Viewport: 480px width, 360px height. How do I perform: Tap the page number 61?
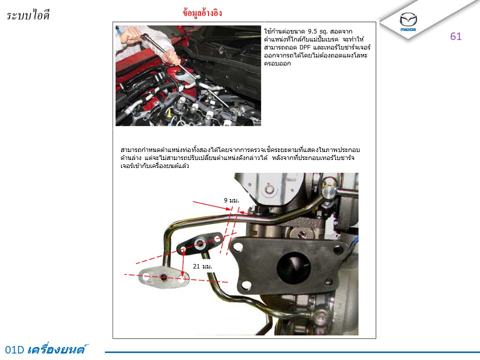[x=456, y=36]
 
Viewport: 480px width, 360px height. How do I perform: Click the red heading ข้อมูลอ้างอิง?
[x=202, y=13]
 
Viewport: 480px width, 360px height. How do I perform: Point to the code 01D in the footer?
[x=14, y=349]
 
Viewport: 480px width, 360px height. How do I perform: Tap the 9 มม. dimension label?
[x=231, y=200]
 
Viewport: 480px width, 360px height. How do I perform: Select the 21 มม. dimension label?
[x=202, y=266]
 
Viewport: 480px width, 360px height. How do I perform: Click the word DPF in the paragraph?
[x=305, y=47]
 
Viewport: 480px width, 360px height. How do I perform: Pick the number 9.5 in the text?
[x=312, y=31]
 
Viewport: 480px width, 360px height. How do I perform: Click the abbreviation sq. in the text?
[x=323, y=31]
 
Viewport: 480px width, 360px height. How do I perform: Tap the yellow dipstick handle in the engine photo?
[x=168, y=113]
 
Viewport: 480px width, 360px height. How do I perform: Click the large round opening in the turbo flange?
[x=293, y=267]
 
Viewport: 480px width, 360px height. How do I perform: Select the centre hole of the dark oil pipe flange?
[x=200, y=243]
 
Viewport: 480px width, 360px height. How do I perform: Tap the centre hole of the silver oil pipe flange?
[x=163, y=278]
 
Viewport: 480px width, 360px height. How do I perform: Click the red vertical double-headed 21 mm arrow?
[x=183, y=263]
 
